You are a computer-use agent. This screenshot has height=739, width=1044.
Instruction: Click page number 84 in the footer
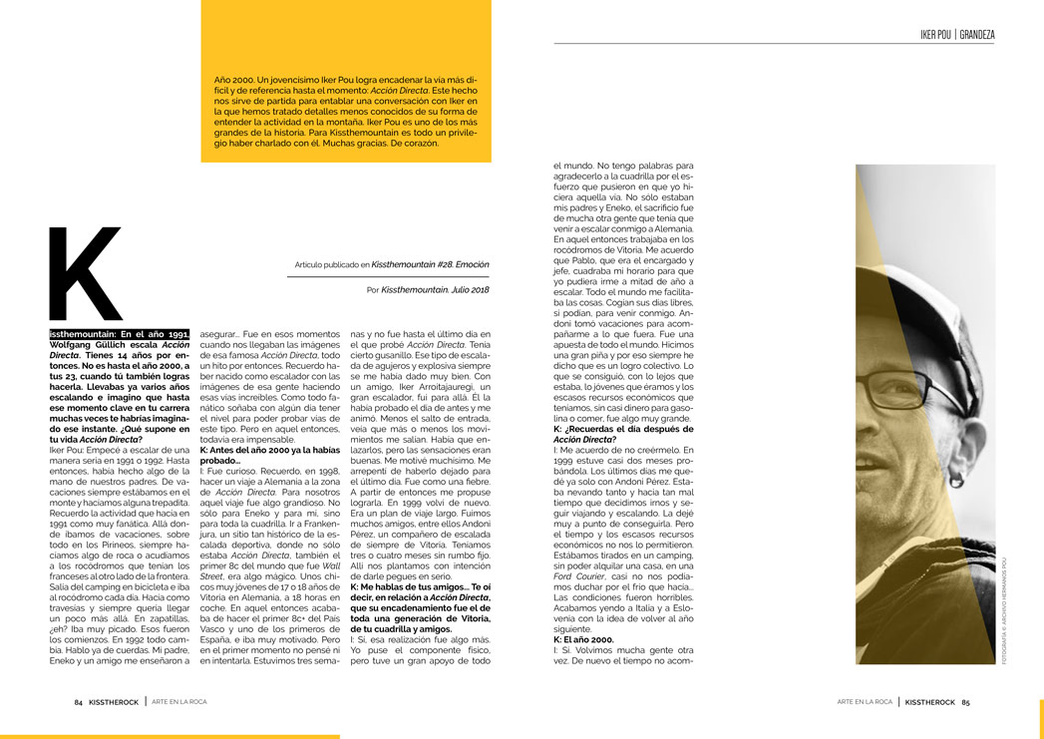[x=78, y=702]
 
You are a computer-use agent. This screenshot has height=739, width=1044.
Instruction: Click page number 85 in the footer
[x=965, y=702]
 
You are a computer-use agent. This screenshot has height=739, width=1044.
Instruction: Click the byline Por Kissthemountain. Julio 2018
[x=428, y=289]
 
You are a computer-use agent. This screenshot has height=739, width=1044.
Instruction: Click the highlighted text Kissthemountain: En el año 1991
[x=119, y=335]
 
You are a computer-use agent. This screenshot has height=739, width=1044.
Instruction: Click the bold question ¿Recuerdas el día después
[x=618, y=429]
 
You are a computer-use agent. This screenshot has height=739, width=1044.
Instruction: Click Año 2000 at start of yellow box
[x=234, y=78]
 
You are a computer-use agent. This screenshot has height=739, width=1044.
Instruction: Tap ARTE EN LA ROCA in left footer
[x=179, y=702]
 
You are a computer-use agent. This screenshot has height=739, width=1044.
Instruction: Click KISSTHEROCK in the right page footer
[x=927, y=702]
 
